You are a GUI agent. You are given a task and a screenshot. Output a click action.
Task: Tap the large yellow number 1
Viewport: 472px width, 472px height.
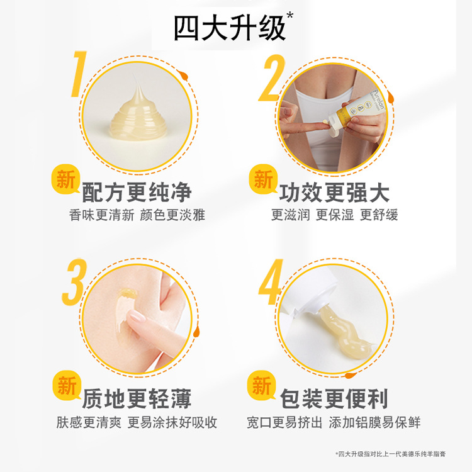tap(77, 74)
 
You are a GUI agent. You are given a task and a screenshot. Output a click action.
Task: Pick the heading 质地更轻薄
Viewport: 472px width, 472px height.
tap(137, 398)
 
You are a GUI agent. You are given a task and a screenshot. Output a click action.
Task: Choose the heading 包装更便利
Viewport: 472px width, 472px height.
tap(334, 398)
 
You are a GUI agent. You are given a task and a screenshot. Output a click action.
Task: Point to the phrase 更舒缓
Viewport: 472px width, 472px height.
tap(379, 215)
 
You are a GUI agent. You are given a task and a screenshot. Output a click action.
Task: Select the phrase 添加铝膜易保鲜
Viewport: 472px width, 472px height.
tap(374, 422)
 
